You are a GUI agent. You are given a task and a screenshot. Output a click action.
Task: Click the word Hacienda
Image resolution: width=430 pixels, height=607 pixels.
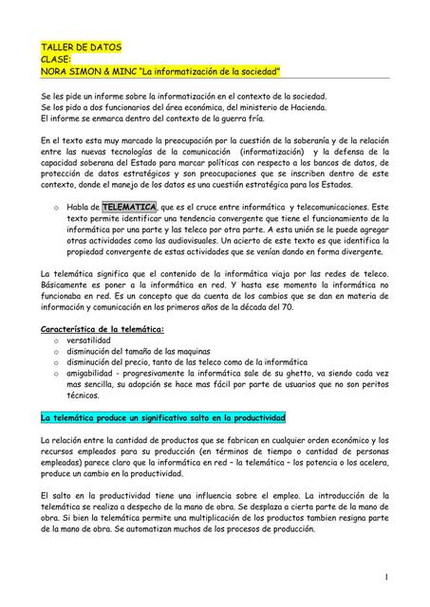(x=300, y=107)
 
